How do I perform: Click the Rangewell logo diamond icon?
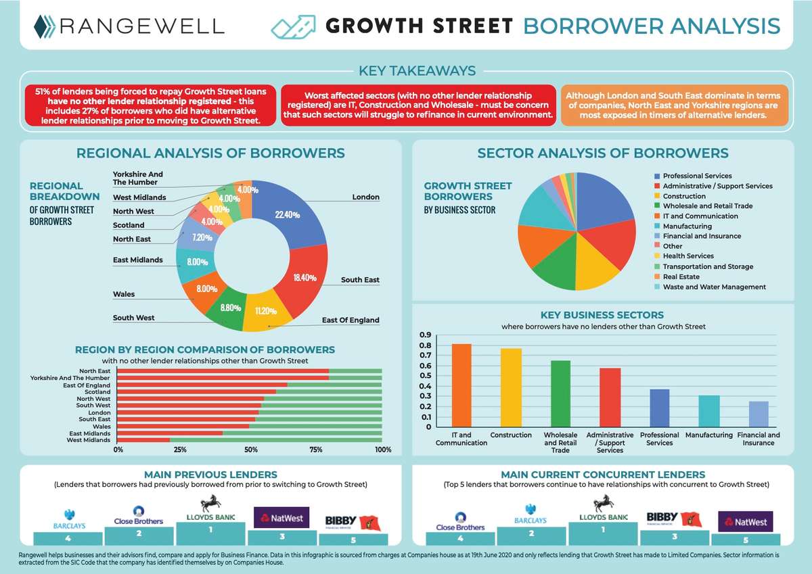tap(45, 26)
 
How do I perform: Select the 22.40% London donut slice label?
tap(288, 214)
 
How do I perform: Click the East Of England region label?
tap(351, 320)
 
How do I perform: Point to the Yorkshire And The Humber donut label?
tap(138, 178)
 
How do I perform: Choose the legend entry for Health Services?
tap(688, 256)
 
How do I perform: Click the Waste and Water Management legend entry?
tap(714, 287)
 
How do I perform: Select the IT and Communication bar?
tap(461, 385)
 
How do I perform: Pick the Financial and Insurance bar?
tap(759, 414)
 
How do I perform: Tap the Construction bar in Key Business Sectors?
tap(511, 387)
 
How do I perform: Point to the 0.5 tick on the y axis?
tap(425, 376)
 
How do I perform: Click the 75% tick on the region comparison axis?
tap(317, 450)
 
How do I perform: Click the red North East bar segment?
tap(223, 370)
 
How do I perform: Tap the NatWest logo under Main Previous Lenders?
tap(281, 519)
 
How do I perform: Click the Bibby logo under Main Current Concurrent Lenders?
tap(674, 519)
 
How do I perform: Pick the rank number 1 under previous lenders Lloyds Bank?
tap(210, 530)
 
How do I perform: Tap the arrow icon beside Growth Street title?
tap(293, 26)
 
